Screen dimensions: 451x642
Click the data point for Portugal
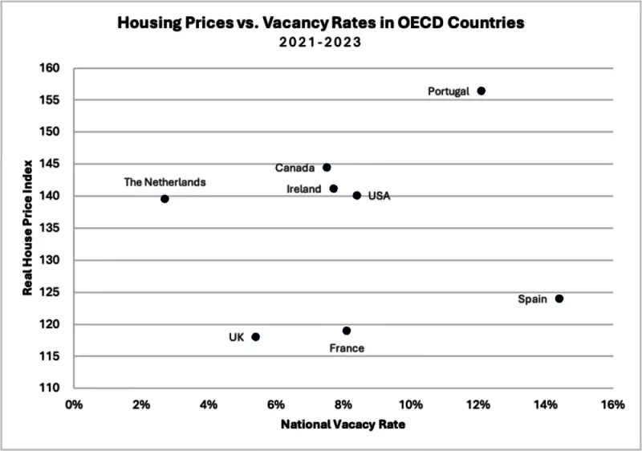point(481,91)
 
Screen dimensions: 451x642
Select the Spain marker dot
point(559,299)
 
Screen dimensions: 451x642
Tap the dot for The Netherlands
point(165,198)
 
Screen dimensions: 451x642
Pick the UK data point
point(255,337)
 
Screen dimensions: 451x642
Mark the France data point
point(347,331)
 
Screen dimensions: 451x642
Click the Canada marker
point(327,168)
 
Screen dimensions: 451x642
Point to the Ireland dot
point(334,189)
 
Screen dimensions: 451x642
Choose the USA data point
point(357,195)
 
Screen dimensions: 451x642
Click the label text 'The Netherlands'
point(165,182)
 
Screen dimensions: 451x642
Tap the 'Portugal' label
point(449,91)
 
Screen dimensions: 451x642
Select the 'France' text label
point(347,348)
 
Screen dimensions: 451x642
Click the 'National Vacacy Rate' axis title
point(343,425)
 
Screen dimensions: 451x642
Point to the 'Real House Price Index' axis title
point(27,229)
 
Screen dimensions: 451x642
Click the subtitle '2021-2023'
point(320,43)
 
